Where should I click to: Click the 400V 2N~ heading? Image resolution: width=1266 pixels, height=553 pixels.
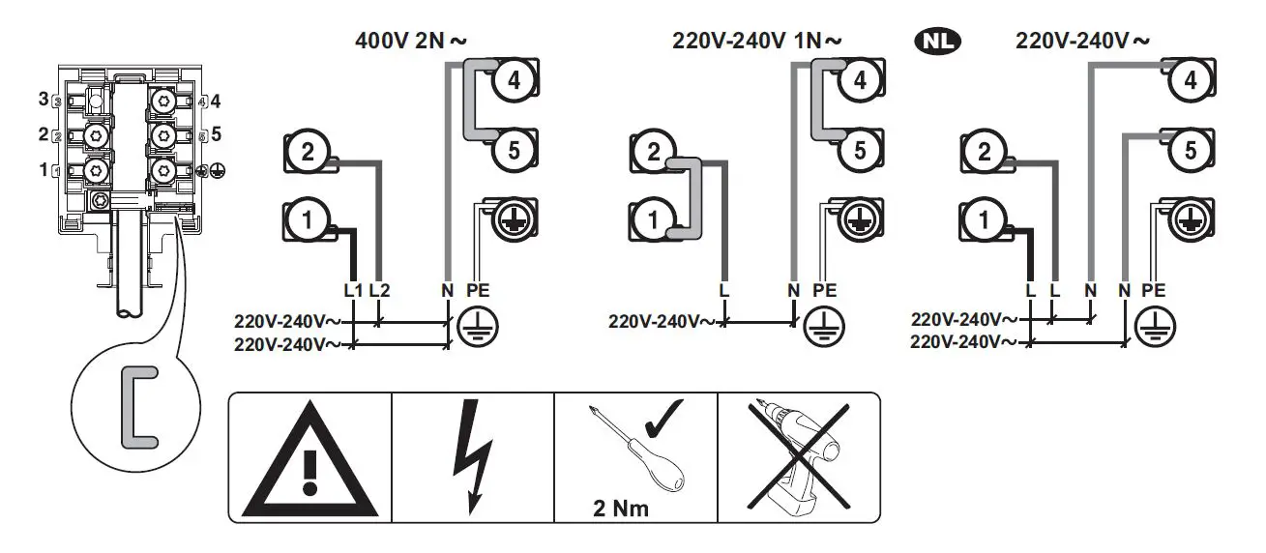[x=411, y=41]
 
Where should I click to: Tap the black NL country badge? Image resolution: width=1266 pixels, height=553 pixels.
[x=937, y=41]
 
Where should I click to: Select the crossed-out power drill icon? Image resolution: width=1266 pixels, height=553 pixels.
[x=799, y=454]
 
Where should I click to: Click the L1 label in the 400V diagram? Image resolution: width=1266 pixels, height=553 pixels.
[x=353, y=290]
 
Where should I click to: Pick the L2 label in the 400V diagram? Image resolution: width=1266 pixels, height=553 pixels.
[x=380, y=290]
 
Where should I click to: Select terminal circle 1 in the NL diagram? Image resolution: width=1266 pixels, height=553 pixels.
[x=985, y=221]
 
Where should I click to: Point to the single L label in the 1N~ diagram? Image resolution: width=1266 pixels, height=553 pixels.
[x=723, y=290]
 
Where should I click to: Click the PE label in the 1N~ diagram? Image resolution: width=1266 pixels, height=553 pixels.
[x=825, y=290]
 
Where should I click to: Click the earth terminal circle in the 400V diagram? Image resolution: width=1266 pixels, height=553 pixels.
[x=514, y=220]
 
